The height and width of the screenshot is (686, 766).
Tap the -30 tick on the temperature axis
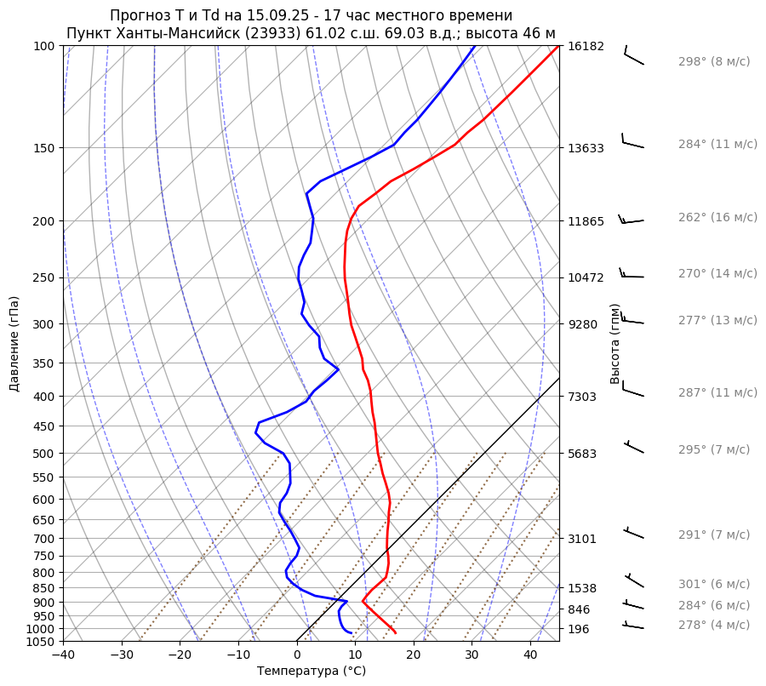pyautogui.click(x=122, y=655)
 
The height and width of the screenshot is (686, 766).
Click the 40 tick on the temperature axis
pyautogui.click(x=530, y=655)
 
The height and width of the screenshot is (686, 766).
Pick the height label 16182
pyautogui.click(x=586, y=46)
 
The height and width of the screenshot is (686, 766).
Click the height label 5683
pyautogui.click(x=586, y=454)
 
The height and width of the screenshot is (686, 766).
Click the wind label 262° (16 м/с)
pyautogui.click(x=717, y=218)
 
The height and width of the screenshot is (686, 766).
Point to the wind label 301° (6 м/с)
pyautogui.click(x=713, y=585)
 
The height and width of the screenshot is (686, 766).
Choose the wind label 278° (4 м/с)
pyautogui.click(x=713, y=625)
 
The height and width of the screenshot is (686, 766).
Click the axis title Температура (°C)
pyautogui.click(x=311, y=671)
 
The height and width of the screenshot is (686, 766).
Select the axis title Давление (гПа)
pyautogui.click(x=14, y=344)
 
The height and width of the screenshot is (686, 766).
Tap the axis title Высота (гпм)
pyautogui.click(x=615, y=344)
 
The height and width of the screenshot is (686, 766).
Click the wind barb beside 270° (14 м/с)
pyautogui.click(x=632, y=274)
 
